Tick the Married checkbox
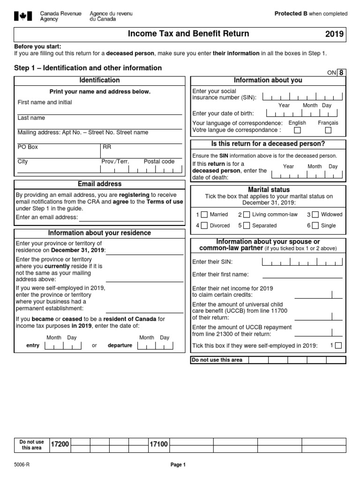point(204,215)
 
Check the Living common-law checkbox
point(246,215)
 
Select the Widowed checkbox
point(315,215)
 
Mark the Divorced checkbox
point(204,225)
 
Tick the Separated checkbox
point(246,225)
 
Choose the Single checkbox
point(315,225)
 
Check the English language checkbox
point(298,130)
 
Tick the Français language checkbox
point(328,130)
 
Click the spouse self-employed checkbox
point(338,345)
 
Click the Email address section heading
point(99,184)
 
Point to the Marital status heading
point(269,189)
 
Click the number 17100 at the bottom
point(158,444)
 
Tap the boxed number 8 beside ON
point(342,72)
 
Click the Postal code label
point(159,161)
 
